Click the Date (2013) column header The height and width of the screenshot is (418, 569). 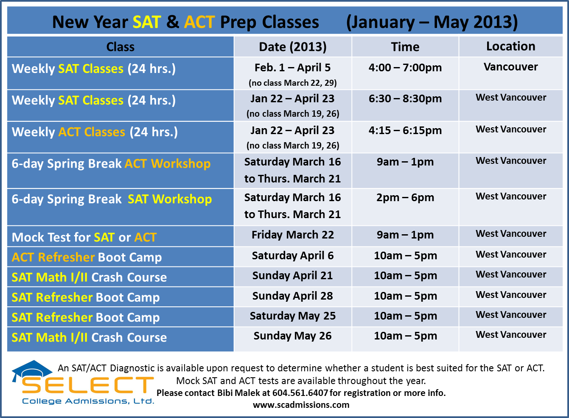293,47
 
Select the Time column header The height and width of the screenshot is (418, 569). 405,47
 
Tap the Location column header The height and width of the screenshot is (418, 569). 510,46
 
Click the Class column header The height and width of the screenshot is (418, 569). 120,47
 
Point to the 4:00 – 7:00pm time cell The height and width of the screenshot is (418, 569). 405,67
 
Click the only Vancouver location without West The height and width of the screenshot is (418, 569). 510,67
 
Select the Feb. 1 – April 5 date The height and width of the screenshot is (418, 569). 293,67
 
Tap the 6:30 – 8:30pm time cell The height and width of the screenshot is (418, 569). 405,98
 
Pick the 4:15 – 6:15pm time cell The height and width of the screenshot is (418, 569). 405,130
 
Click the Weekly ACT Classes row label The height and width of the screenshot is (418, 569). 95,132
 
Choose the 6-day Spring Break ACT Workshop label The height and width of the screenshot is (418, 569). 111,164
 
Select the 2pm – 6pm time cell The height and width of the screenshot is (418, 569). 405,197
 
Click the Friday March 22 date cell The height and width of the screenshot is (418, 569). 293,235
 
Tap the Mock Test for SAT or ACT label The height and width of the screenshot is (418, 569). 84,237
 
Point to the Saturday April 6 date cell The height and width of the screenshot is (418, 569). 293,255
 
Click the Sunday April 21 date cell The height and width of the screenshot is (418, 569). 293,276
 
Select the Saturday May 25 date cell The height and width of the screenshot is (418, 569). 293,316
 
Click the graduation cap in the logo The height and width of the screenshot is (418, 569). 32,369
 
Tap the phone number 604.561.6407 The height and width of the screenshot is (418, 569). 300,393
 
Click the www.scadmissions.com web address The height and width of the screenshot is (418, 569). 301,404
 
